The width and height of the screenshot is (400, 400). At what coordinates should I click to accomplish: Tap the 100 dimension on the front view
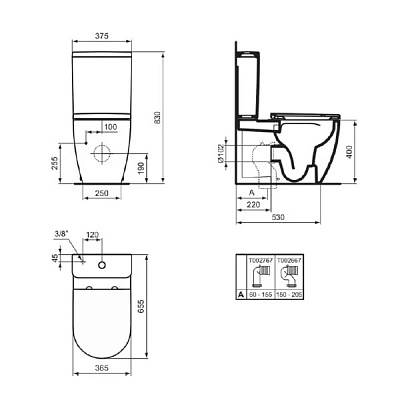click(109, 126)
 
